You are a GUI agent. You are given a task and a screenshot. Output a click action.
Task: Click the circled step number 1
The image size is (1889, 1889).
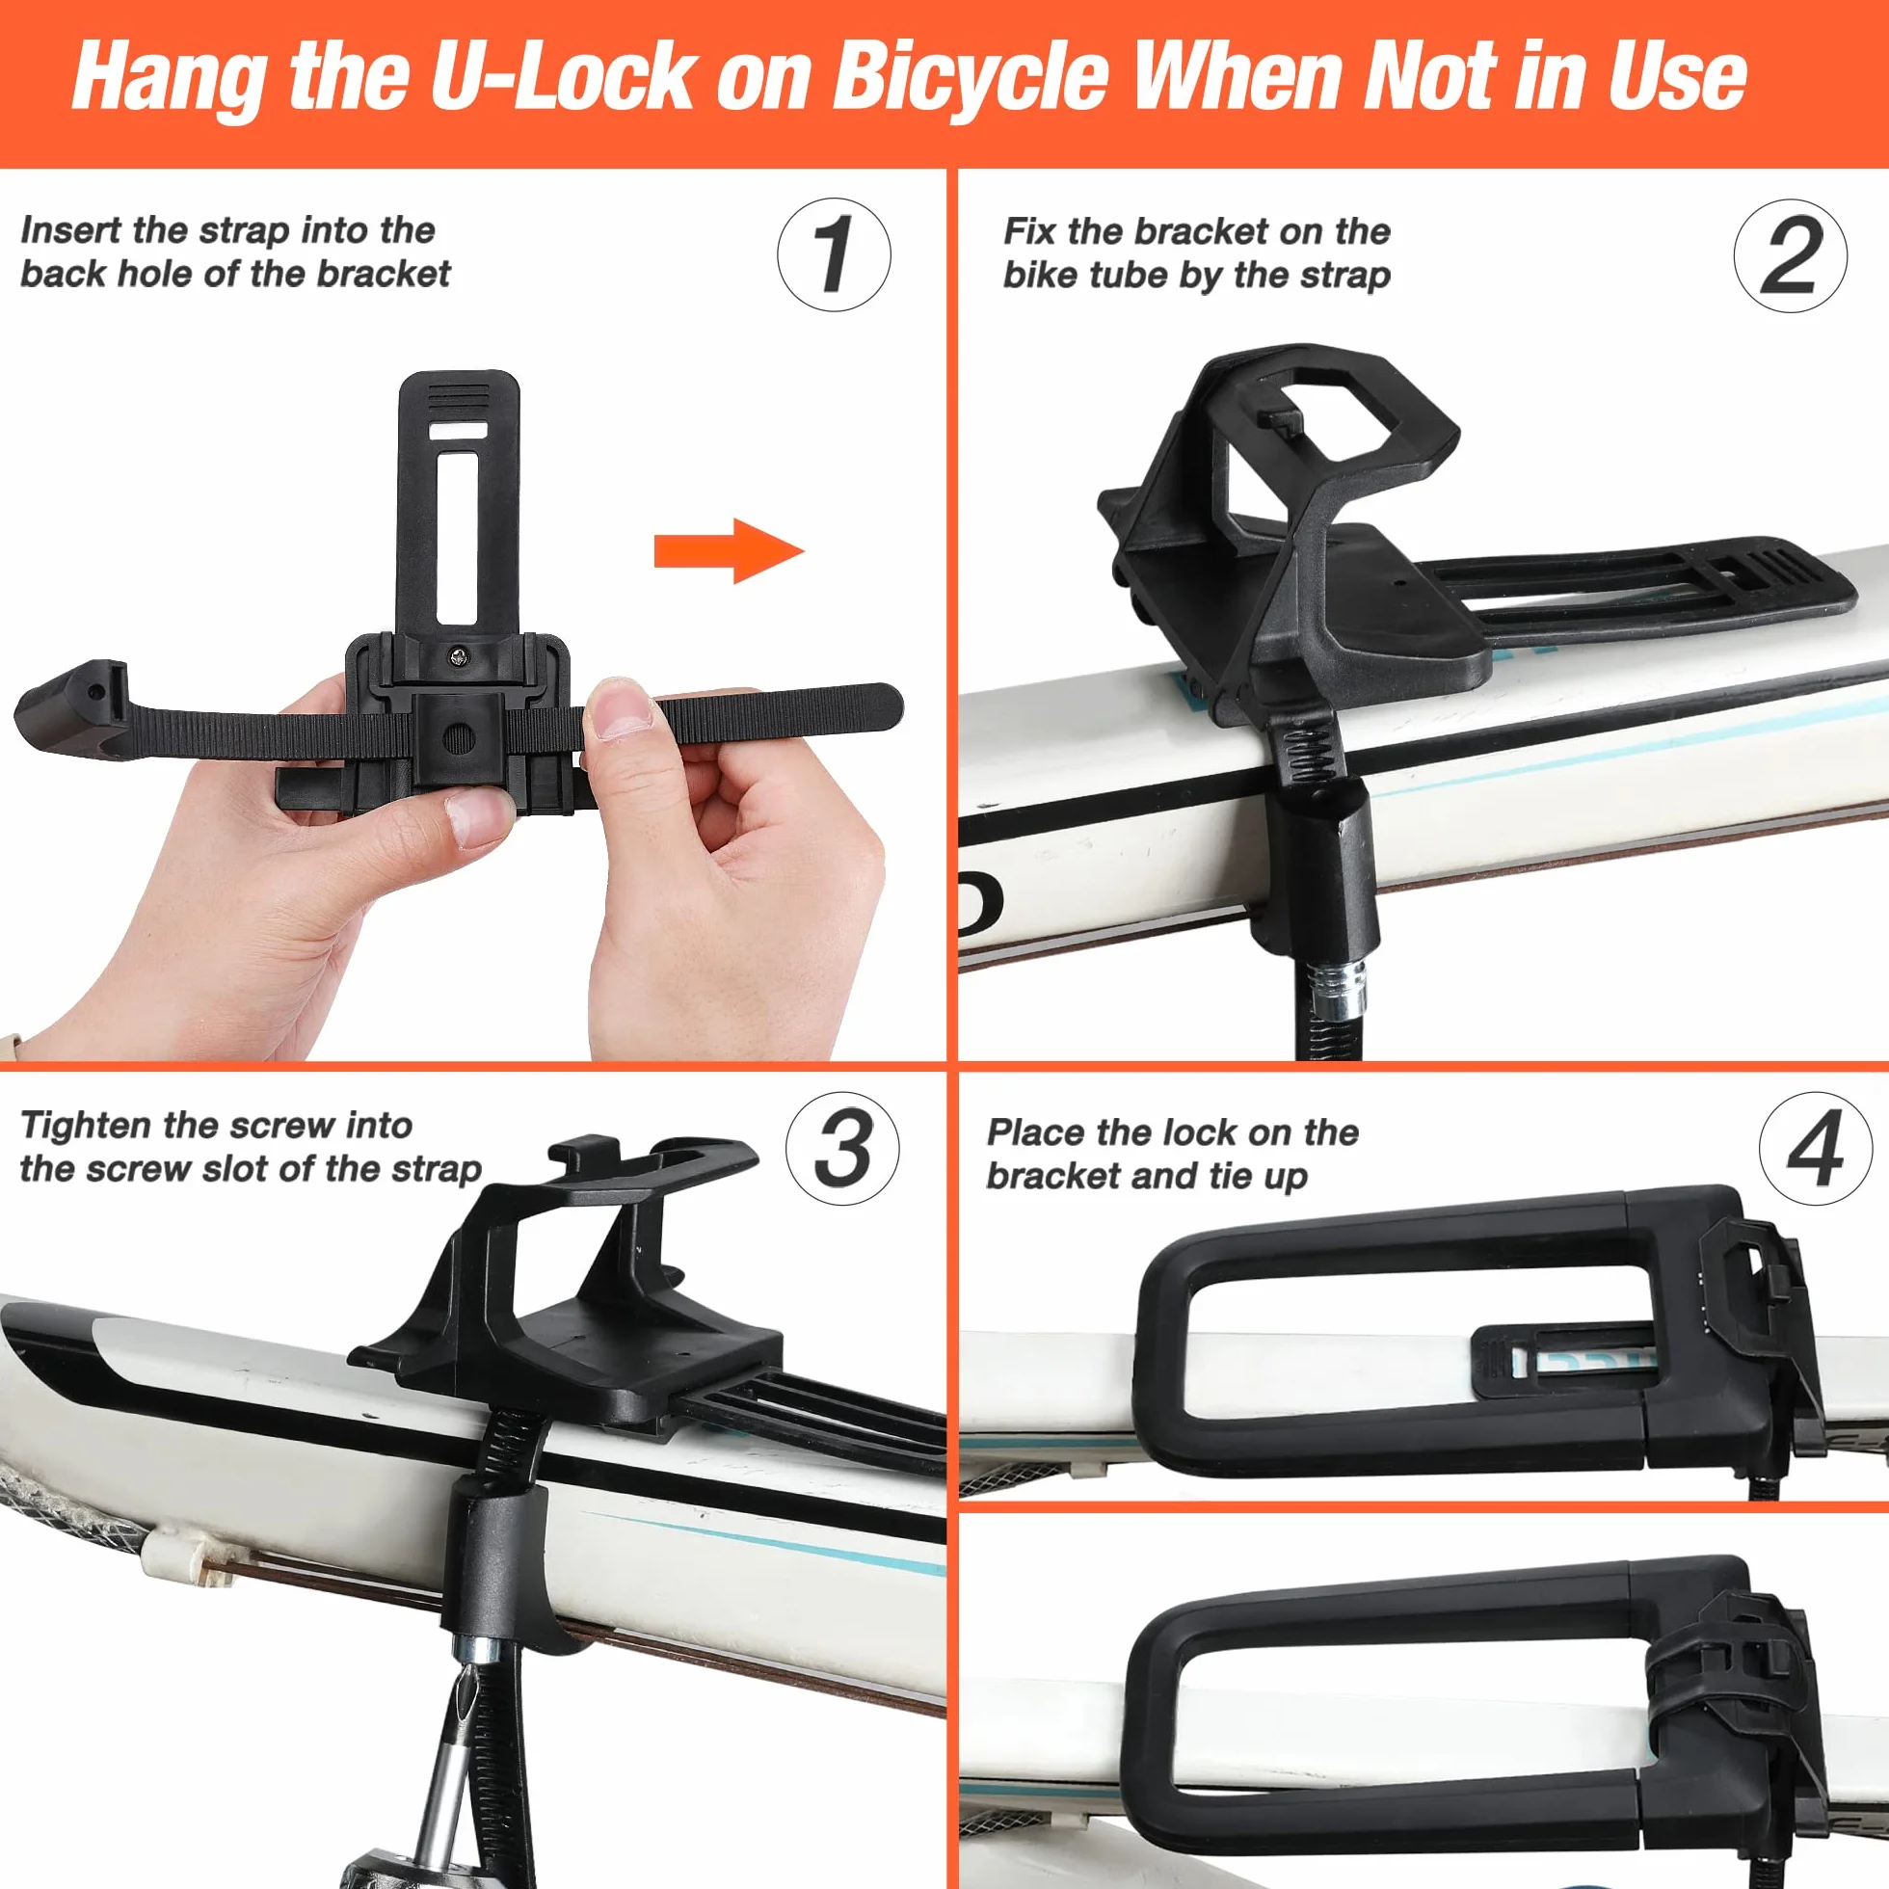[833, 255]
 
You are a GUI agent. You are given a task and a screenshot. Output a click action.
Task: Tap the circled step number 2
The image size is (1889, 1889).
[1791, 256]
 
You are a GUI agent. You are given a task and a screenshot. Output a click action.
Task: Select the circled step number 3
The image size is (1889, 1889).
[841, 1148]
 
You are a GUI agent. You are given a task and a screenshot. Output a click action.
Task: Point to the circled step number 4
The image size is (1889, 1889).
[1816, 1148]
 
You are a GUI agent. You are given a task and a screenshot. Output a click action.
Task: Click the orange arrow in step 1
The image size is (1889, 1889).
[729, 551]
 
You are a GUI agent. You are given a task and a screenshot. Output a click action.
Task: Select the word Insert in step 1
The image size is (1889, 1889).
[71, 230]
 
